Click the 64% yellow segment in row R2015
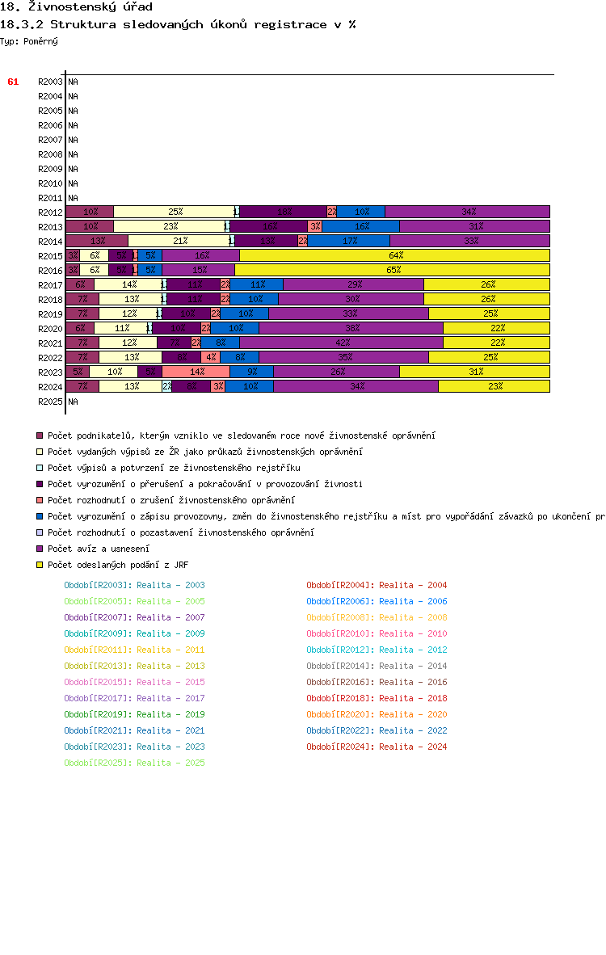point(395,255)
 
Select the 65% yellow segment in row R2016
point(393,270)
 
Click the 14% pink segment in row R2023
point(196,372)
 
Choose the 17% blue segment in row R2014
point(349,241)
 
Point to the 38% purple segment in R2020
point(351,328)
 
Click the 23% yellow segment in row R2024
point(494,386)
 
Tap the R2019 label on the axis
point(50,314)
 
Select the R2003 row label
point(50,82)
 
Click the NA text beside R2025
point(73,402)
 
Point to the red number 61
point(13,82)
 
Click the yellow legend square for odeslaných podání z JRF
point(40,565)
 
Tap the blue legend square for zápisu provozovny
point(40,516)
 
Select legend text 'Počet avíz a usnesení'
point(92,549)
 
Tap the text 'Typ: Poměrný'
point(29,41)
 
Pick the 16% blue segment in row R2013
point(360,226)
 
